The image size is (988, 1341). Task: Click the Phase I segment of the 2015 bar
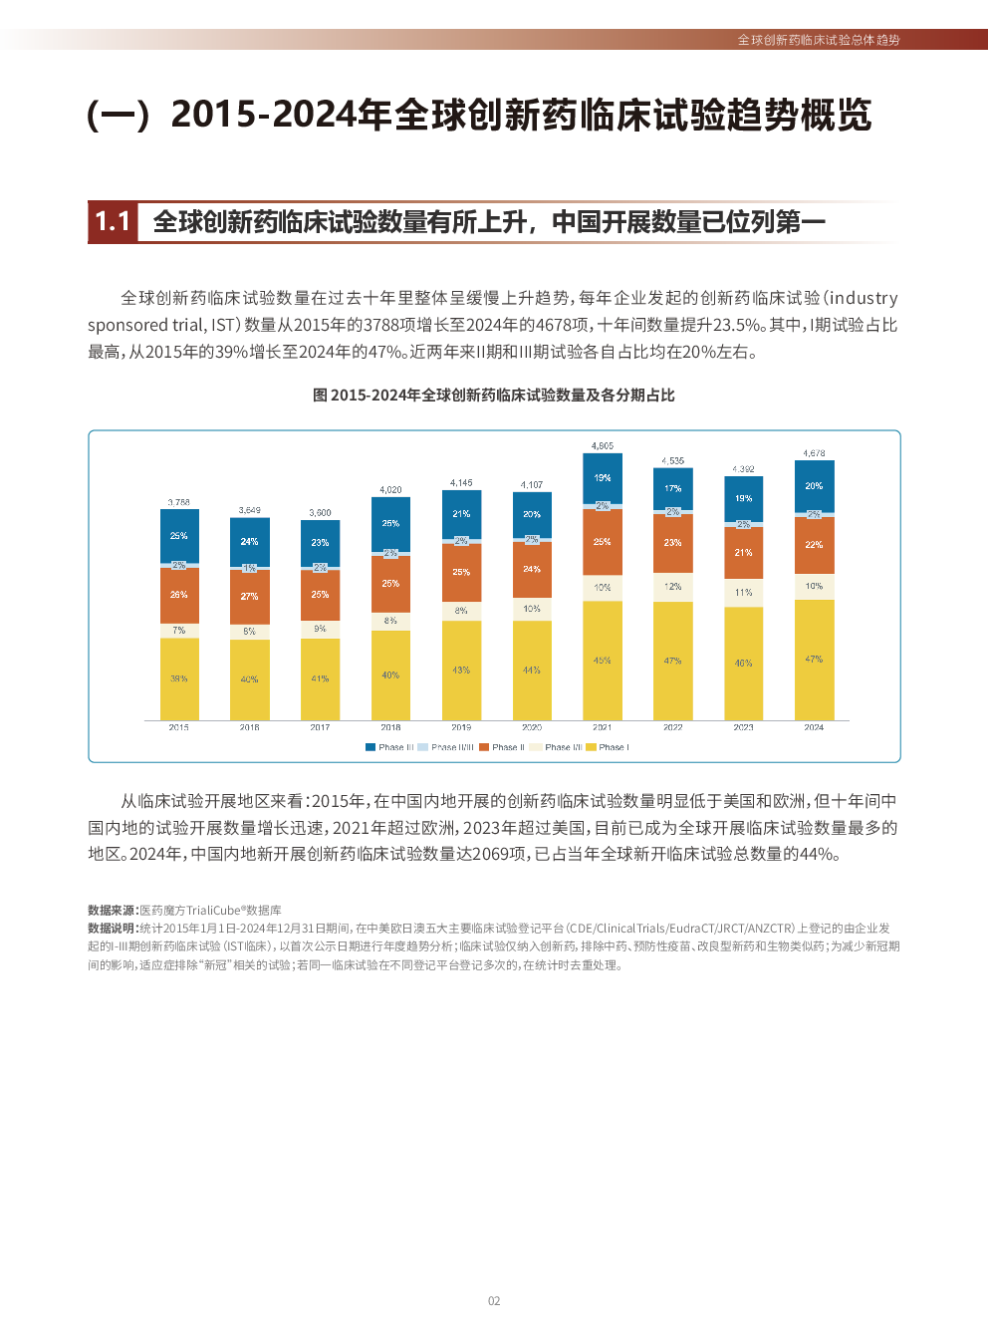click(x=179, y=678)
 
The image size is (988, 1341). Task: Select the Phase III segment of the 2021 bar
click(x=603, y=478)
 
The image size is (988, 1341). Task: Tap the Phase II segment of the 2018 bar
click(x=390, y=584)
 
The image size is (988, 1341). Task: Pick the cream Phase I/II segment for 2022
click(x=673, y=587)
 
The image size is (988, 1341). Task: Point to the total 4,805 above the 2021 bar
click(x=603, y=446)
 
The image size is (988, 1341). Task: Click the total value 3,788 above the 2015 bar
click(x=179, y=502)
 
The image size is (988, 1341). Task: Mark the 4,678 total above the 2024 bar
click(x=814, y=453)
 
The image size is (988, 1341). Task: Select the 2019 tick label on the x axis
click(x=461, y=727)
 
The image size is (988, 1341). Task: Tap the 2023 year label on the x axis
click(x=743, y=727)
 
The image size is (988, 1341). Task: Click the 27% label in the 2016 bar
click(x=249, y=596)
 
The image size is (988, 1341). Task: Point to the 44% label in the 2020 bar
click(x=532, y=670)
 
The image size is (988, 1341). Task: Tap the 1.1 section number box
click(x=113, y=221)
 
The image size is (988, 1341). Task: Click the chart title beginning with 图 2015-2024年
click(x=494, y=396)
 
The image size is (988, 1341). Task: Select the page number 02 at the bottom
click(x=494, y=1301)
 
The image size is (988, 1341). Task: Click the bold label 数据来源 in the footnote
click(x=113, y=911)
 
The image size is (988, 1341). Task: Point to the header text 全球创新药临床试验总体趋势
click(x=819, y=40)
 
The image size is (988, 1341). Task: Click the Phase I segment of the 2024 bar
click(x=814, y=660)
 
